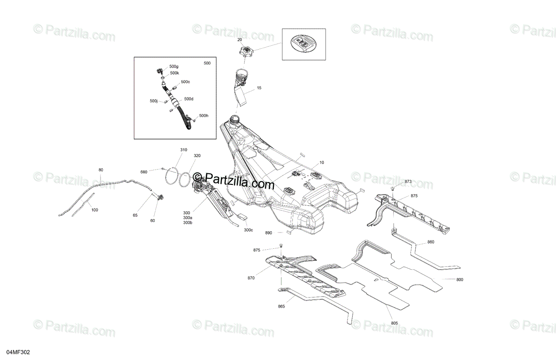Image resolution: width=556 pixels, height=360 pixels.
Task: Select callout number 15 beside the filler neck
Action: tap(259, 88)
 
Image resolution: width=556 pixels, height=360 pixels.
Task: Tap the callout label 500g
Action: tap(174, 67)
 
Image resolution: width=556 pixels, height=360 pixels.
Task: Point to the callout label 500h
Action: tap(203, 115)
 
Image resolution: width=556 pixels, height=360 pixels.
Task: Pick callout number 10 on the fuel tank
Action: tap(322, 163)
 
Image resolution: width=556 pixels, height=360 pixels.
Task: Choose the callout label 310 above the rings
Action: tap(184, 150)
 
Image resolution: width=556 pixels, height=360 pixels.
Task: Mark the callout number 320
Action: tap(197, 156)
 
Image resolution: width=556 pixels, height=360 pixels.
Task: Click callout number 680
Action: tap(144, 172)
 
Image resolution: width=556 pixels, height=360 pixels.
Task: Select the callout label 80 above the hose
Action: tap(101, 170)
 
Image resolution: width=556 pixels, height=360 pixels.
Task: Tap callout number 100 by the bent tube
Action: tap(95, 210)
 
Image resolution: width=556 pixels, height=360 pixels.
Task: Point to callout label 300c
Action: tap(248, 230)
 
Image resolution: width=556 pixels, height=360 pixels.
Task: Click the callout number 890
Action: tap(269, 233)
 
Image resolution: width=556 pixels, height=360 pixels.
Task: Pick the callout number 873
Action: tap(408, 181)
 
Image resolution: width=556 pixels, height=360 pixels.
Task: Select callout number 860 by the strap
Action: tap(431, 242)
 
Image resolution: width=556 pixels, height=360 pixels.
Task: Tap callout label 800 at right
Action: tap(460, 279)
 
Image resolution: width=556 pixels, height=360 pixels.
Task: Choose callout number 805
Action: tap(394, 322)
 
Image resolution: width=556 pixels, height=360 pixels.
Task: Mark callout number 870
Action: tap(251, 278)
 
